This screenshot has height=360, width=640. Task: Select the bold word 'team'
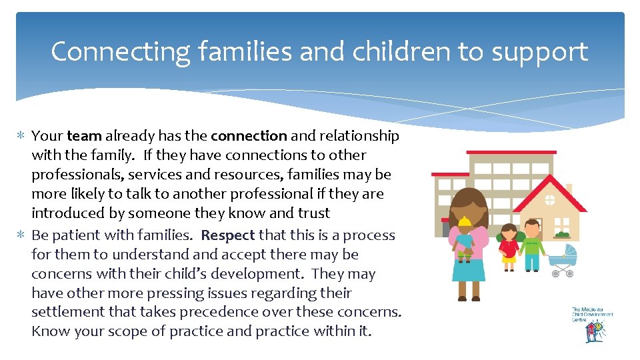84,136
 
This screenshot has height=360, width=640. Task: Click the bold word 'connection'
249,136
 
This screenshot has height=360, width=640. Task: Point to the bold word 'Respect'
228,235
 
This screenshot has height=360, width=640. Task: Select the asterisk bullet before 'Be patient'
22,236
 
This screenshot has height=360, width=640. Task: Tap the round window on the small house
550,199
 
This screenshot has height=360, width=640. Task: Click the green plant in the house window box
562,234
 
